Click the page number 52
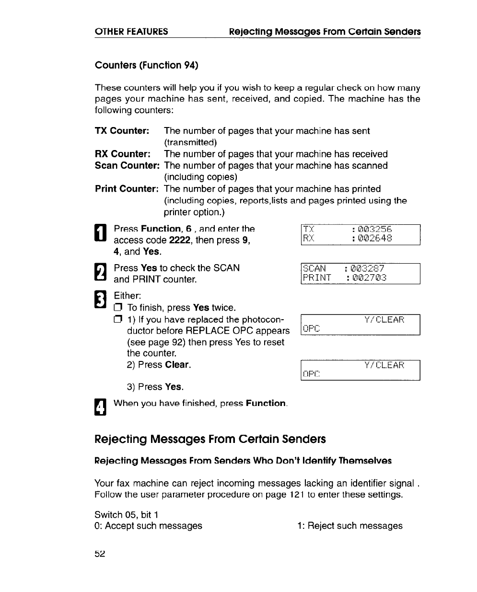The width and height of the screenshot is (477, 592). point(100,554)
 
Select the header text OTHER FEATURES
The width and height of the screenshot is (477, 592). point(131,32)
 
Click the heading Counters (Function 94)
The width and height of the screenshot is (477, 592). point(146,65)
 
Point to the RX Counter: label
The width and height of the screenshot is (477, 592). point(123,154)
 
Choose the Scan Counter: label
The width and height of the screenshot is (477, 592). point(127,165)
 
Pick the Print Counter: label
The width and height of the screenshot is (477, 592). point(127,189)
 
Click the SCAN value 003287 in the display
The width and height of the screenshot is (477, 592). point(368,268)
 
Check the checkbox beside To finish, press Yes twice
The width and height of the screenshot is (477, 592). point(118,308)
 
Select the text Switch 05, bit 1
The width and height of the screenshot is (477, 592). point(127,515)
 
